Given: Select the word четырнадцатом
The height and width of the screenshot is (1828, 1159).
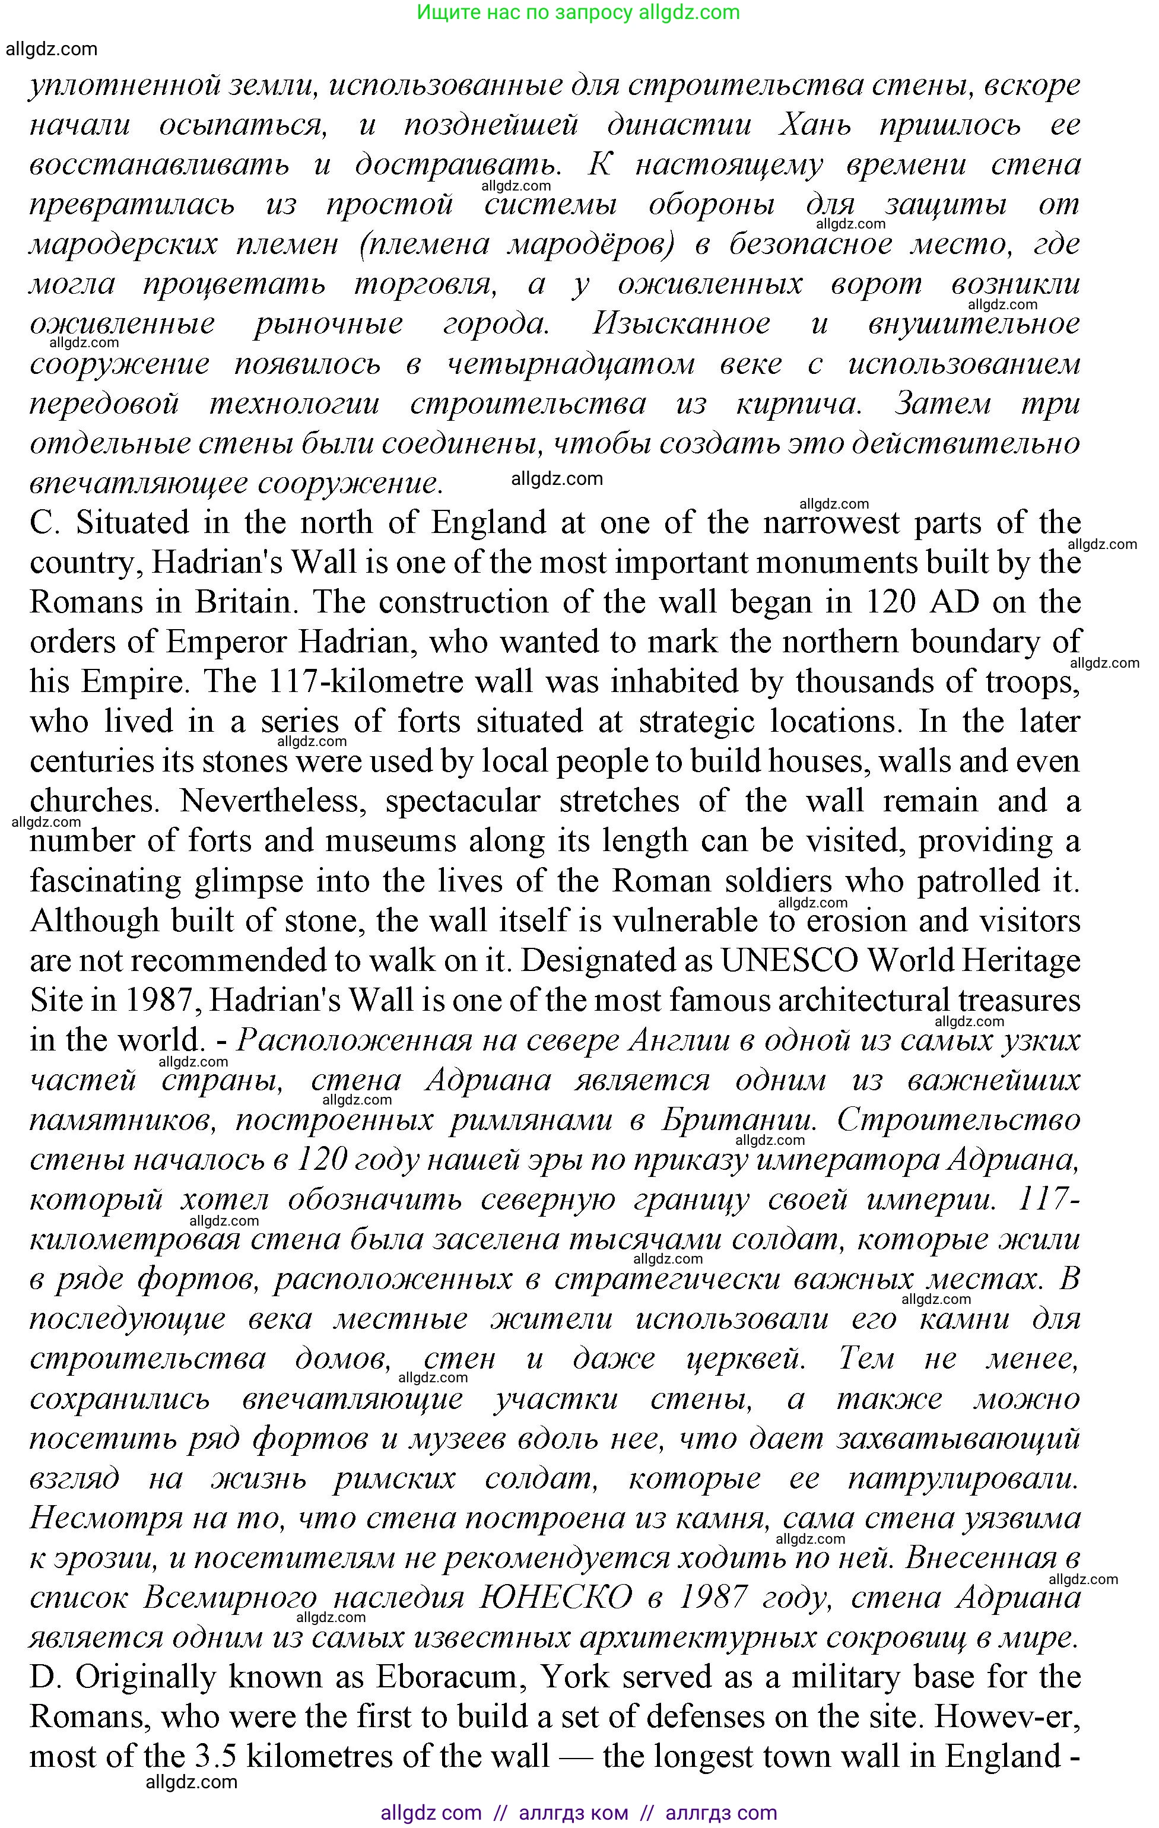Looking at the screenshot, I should click(570, 364).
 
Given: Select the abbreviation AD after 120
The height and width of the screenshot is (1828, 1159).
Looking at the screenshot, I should click(951, 602).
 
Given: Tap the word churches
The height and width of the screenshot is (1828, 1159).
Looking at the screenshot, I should click(93, 801).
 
